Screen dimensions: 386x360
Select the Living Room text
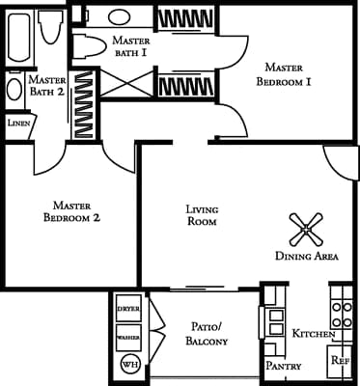pos(201,214)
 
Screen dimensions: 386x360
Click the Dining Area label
pos(306,257)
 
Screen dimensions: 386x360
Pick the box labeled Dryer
pos(128,307)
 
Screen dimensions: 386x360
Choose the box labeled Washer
pos(128,338)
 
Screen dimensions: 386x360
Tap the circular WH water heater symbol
pos(128,365)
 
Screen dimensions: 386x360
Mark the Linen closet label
pos(17,124)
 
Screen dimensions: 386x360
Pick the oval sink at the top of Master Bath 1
pos(122,17)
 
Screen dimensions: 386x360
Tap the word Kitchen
pos(313,333)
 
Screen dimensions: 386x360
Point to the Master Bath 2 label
pos(46,87)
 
